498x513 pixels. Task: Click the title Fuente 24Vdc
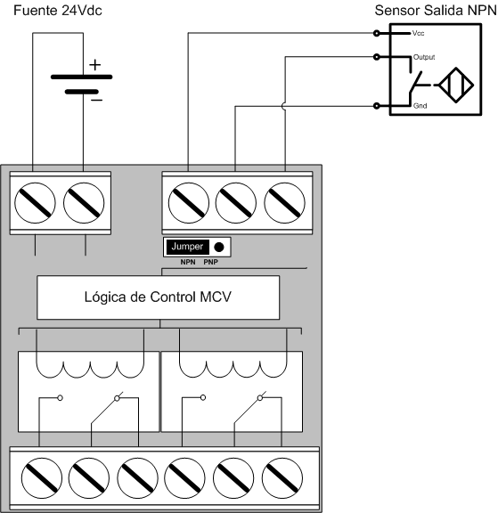click(x=58, y=11)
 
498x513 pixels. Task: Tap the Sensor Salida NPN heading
click(x=436, y=11)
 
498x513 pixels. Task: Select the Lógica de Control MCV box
click(x=158, y=297)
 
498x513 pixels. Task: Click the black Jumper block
click(x=187, y=247)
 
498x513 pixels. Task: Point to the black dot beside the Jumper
click(x=219, y=247)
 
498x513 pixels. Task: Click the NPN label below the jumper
click(x=188, y=262)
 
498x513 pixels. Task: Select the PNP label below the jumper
click(x=210, y=262)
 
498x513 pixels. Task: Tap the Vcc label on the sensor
click(x=418, y=33)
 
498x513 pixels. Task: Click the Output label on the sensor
click(x=424, y=57)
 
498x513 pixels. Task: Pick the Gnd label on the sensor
click(x=420, y=106)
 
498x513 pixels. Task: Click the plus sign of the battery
click(x=95, y=65)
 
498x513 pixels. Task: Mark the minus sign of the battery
click(x=96, y=100)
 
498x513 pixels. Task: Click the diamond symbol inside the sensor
click(x=456, y=85)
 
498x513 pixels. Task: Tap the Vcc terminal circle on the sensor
click(x=377, y=33)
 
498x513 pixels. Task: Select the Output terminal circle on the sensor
click(x=377, y=57)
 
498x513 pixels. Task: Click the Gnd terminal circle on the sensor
click(x=377, y=106)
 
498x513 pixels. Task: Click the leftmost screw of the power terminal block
click(x=35, y=203)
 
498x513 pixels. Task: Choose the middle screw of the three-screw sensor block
click(x=235, y=203)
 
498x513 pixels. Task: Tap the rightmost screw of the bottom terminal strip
click(x=282, y=478)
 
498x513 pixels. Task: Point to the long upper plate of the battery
click(x=81, y=77)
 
